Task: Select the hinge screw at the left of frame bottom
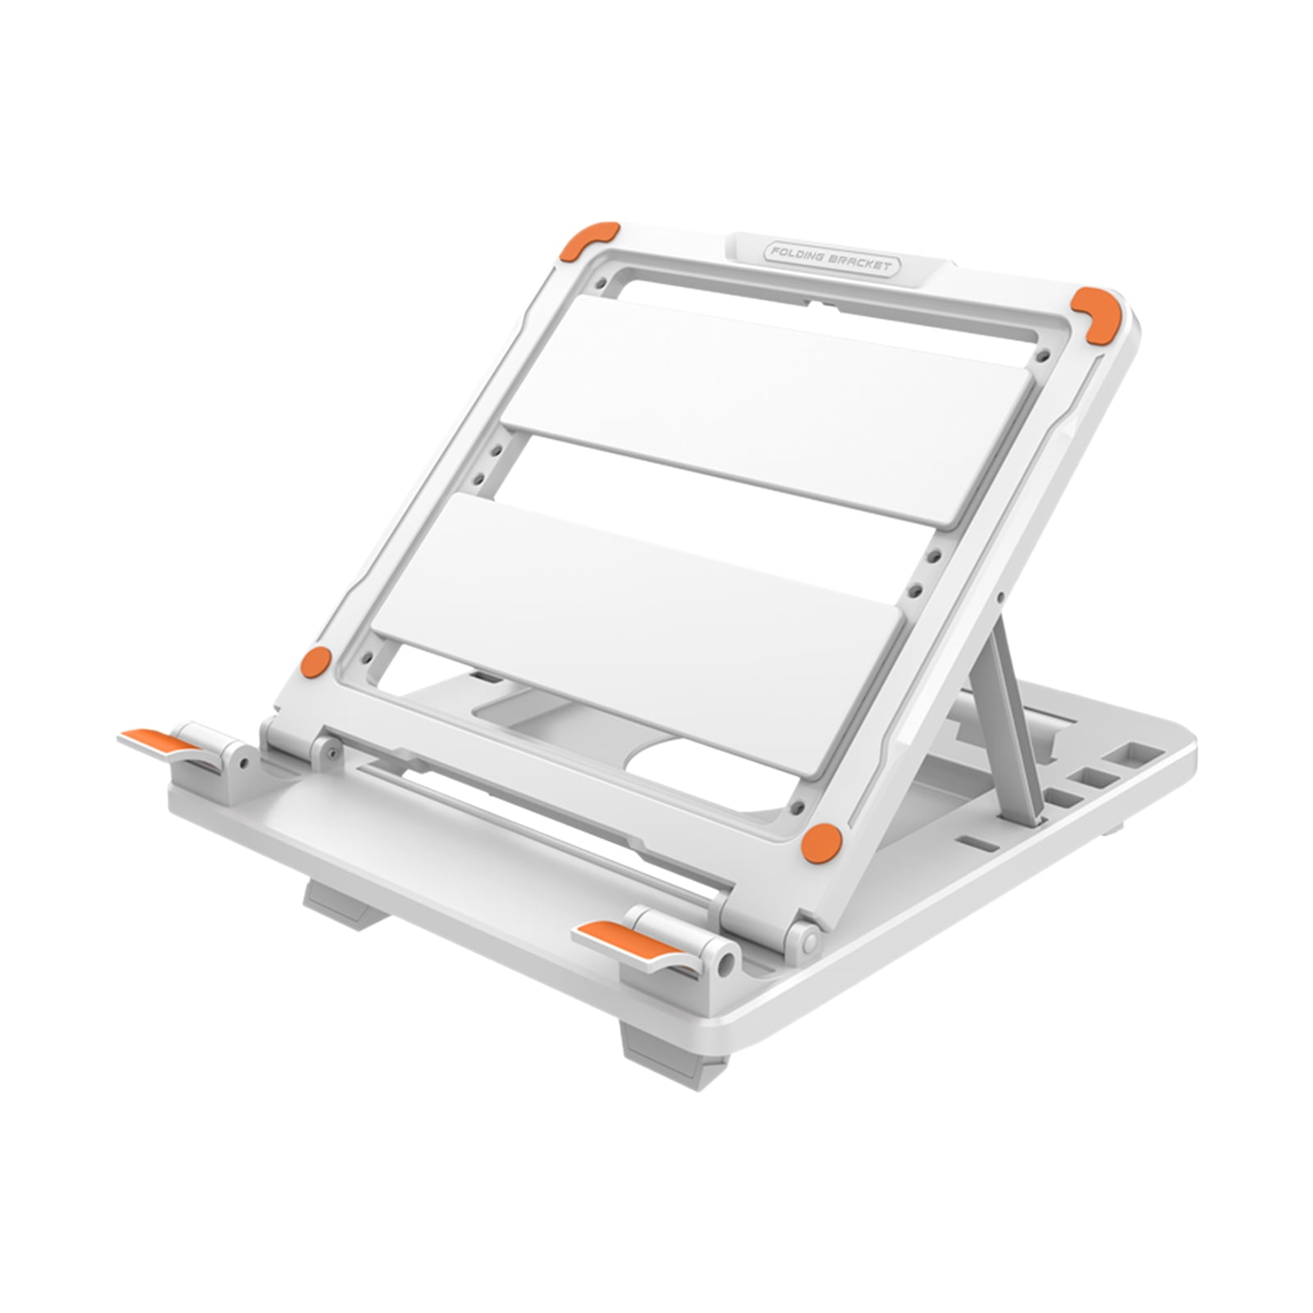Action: pyautogui.click(x=328, y=748)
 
